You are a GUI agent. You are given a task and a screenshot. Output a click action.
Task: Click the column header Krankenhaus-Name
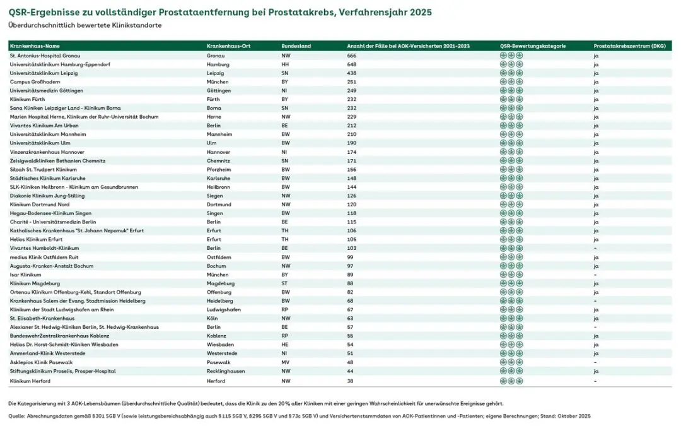click(x=35, y=46)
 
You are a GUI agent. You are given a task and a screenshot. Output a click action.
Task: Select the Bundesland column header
click(x=296, y=46)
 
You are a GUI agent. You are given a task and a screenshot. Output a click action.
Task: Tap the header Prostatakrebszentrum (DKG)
click(x=620, y=46)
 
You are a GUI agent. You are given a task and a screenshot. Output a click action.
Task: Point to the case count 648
click(x=352, y=64)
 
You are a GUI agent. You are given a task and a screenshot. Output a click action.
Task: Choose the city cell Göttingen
click(x=219, y=91)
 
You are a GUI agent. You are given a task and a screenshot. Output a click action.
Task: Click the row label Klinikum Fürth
click(x=28, y=100)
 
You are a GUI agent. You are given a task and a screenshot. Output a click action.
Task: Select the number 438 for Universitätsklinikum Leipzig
click(x=352, y=73)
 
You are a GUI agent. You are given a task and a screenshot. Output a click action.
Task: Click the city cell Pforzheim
click(x=219, y=170)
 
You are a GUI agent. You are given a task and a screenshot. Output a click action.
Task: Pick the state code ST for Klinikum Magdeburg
click(x=285, y=284)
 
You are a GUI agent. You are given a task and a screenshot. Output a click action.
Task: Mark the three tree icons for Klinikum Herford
click(x=511, y=381)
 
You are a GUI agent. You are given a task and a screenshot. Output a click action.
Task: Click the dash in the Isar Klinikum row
click(x=595, y=275)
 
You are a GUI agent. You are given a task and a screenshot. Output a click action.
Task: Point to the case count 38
click(x=351, y=381)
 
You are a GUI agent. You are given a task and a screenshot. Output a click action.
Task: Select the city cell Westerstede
click(x=221, y=354)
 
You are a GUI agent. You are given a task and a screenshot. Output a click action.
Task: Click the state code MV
click(x=285, y=363)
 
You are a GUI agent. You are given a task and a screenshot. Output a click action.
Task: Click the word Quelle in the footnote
click(x=17, y=417)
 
